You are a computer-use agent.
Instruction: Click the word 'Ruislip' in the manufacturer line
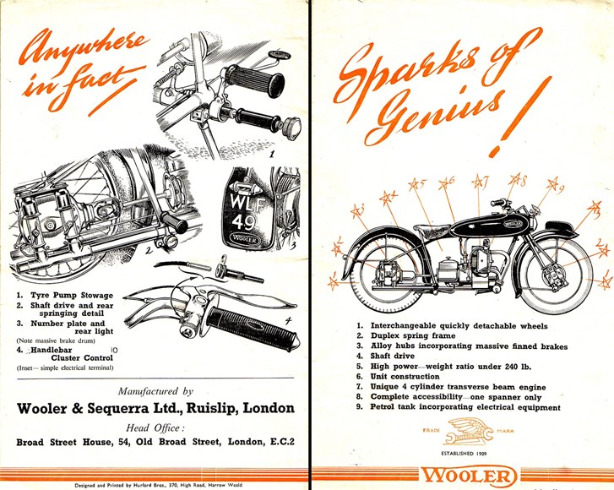pos(199,408)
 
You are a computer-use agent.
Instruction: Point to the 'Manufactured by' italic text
pos(155,391)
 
